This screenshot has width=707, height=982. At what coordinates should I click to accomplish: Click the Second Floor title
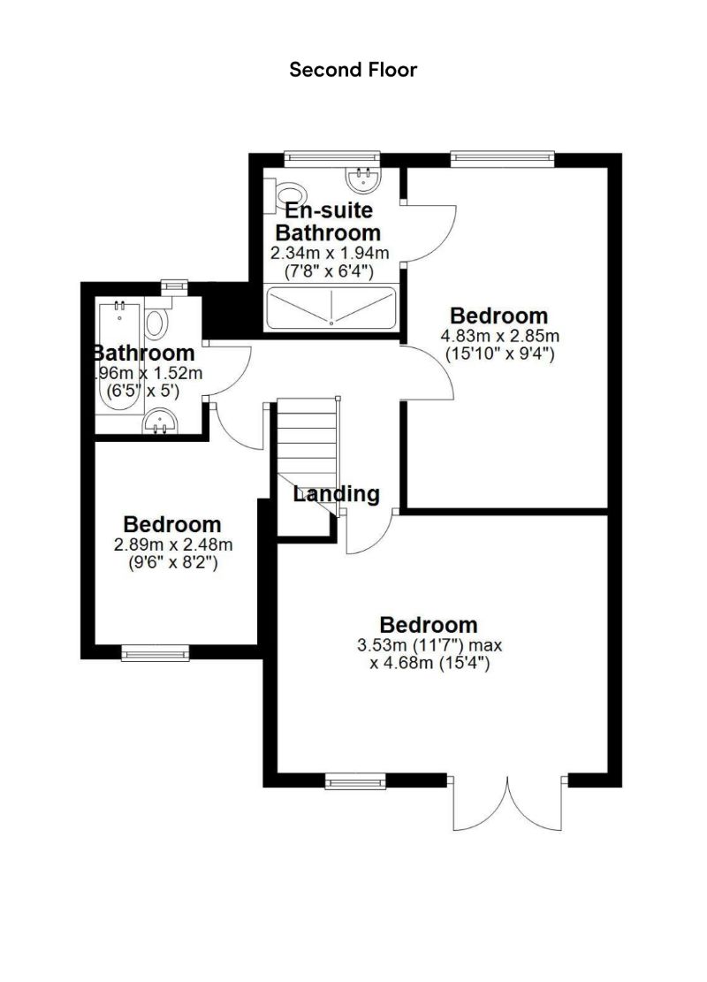(353, 70)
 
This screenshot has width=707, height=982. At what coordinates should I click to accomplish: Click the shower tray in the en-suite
(331, 308)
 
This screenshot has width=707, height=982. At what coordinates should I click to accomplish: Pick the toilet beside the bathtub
(157, 323)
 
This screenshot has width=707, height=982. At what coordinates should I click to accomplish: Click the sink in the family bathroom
(160, 424)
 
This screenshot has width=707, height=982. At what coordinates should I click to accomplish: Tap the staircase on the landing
(308, 442)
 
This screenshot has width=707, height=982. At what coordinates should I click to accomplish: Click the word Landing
(336, 494)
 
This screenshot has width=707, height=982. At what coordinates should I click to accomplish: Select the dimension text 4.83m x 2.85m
(499, 336)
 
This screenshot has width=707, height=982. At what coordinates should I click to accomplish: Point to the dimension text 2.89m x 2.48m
(172, 544)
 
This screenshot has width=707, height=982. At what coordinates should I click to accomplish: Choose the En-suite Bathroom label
(328, 222)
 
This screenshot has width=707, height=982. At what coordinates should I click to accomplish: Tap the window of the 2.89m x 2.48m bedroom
(156, 653)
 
